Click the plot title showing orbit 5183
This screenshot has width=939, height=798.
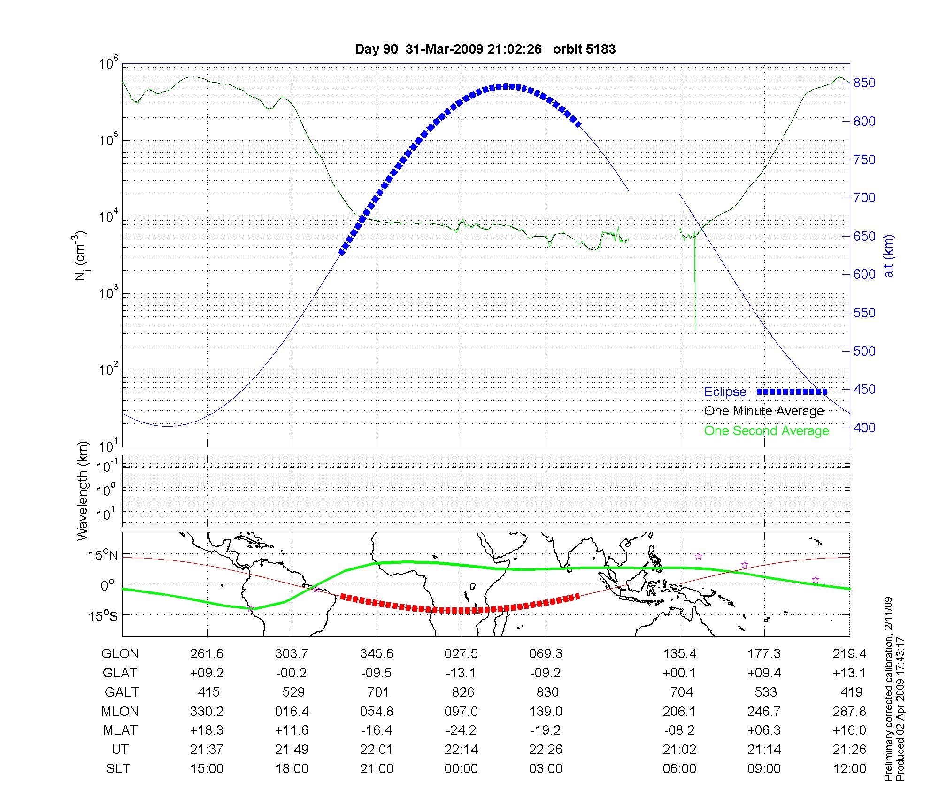[485, 49]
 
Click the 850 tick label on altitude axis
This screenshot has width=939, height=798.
[864, 83]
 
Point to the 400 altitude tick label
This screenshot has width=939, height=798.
[864, 428]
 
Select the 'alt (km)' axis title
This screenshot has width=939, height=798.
[889, 256]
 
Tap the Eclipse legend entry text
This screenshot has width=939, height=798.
[725, 392]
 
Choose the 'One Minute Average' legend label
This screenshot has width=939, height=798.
[764, 411]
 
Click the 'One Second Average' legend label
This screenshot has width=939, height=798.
[766, 431]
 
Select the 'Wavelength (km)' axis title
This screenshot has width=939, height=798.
[83, 491]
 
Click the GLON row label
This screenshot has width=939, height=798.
[120, 654]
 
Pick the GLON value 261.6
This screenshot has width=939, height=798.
[207, 654]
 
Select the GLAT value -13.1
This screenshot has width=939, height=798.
[461, 673]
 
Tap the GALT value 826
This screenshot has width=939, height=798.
[462, 692]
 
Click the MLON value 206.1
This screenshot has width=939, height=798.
[679, 712]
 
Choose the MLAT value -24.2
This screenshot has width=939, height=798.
[461, 730]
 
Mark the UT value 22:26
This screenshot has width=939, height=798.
[546, 750]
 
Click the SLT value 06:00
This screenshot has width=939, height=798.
[679, 769]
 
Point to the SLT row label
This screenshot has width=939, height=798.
[118, 769]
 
